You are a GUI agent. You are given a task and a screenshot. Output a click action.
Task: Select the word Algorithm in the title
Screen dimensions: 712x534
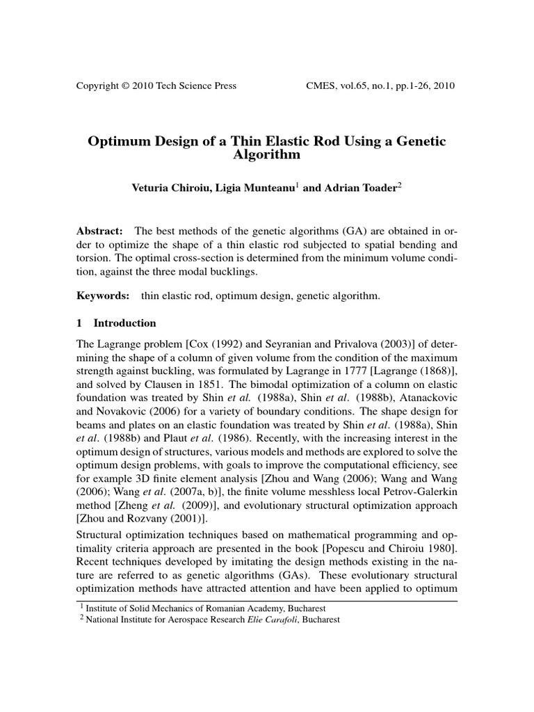point(267,155)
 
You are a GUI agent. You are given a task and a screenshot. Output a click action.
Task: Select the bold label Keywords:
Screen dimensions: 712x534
point(103,296)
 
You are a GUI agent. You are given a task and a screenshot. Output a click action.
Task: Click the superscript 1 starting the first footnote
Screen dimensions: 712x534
point(78,605)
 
